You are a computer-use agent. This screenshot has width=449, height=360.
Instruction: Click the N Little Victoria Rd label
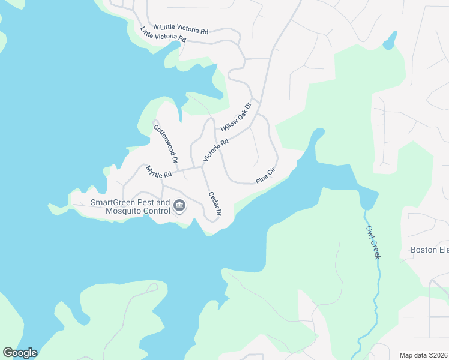click(x=181, y=28)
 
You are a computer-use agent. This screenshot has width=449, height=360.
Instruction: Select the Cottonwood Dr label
click(x=166, y=143)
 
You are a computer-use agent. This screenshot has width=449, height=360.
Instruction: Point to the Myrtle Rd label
click(x=159, y=171)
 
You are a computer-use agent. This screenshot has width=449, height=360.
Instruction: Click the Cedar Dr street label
click(x=215, y=204)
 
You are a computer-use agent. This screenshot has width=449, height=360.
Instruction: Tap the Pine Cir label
click(x=265, y=176)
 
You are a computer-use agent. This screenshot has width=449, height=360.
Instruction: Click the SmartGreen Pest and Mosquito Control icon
click(x=179, y=207)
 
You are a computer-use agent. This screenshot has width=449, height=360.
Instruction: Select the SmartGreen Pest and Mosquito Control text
click(x=130, y=207)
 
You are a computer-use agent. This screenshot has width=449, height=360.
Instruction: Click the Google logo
click(x=20, y=353)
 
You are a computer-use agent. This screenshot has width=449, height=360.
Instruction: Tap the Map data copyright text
click(x=424, y=355)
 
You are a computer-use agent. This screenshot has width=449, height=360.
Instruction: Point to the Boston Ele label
click(x=429, y=250)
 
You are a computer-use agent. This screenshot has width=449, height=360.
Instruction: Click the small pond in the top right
click(x=390, y=41)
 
